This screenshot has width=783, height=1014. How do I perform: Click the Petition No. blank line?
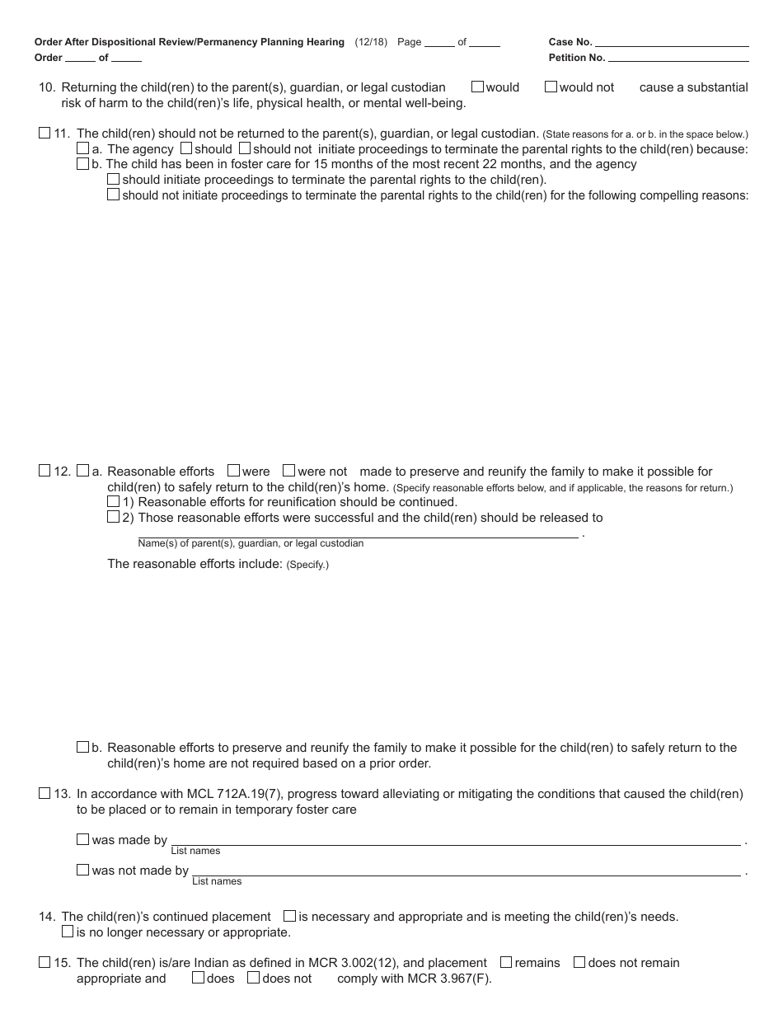tap(678, 58)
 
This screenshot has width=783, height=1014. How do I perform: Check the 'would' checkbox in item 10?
tap(477, 87)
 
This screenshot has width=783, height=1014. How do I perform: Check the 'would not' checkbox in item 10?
tap(551, 87)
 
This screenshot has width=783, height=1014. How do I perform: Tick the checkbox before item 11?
tap(45, 133)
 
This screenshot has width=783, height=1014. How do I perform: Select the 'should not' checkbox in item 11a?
tap(244, 148)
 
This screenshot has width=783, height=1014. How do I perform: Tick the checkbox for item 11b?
tap(82, 163)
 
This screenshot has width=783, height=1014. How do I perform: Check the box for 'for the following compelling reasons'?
tap(113, 195)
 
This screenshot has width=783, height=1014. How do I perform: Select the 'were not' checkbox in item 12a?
tap(288, 471)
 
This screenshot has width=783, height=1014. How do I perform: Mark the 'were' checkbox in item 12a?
tap(233, 471)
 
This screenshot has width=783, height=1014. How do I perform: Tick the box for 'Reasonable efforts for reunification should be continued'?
tap(113, 501)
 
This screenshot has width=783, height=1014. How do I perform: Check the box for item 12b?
tap(82, 747)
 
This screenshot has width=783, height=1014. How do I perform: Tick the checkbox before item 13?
tap(45, 793)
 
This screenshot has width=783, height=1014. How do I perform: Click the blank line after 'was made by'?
tap(455, 841)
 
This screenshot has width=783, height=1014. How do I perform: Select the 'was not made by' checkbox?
tap(82, 870)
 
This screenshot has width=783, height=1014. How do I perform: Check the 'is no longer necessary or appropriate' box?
tap(68, 932)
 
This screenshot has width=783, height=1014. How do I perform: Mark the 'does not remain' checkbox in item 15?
tap(579, 962)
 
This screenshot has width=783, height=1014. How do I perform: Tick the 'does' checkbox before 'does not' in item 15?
tap(198, 978)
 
